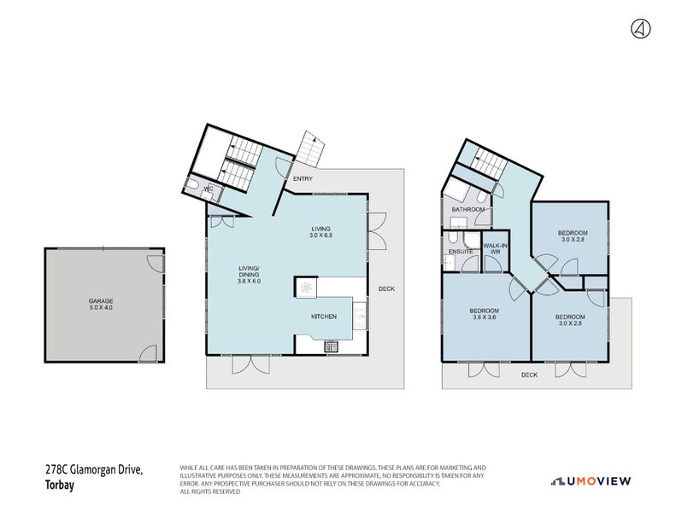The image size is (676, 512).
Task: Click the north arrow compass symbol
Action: (x=639, y=28)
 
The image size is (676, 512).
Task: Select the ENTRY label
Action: (x=303, y=179)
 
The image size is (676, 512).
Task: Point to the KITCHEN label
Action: (x=324, y=317)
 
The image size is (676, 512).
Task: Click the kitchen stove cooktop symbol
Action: (x=331, y=346)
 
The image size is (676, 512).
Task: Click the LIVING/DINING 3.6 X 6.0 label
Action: (x=249, y=275)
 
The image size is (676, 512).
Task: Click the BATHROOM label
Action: (x=467, y=209)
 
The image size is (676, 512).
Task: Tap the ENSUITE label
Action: (x=461, y=252)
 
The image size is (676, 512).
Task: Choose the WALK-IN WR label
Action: (x=495, y=248)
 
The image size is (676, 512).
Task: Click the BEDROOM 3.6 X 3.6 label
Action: (x=484, y=313)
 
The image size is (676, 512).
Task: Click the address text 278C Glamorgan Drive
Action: (x=94, y=470)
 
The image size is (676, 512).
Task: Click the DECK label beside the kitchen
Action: (x=386, y=288)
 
